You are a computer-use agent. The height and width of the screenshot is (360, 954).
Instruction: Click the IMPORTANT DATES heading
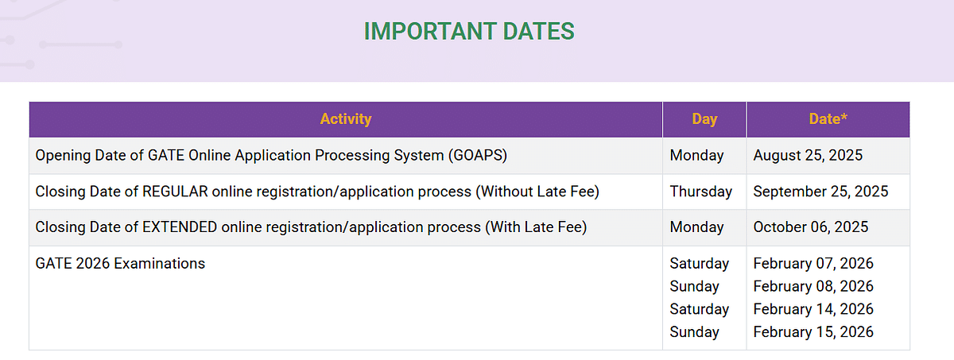tap(469, 31)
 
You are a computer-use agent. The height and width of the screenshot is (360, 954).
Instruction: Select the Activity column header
tap(345, 118)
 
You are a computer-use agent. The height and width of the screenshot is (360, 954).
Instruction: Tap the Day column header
tap(704, 118)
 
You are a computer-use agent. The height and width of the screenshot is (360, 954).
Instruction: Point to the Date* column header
tap(828, 118)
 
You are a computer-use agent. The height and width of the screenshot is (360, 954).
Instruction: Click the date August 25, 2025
tap(808, 155)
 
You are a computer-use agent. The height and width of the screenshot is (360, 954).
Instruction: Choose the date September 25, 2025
tap(820, 192)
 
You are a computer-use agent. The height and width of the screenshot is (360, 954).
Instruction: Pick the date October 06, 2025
tap(810, 226)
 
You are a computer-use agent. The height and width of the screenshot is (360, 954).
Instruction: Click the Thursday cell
tap(700, 192)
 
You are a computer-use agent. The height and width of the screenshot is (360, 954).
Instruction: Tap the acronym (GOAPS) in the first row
tap(478, 155)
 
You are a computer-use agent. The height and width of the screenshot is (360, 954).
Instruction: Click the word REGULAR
tap(175, 192)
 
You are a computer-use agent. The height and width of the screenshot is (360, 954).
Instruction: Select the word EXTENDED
tap(180, 226)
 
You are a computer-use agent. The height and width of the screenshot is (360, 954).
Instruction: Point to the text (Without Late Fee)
tap(537, 192)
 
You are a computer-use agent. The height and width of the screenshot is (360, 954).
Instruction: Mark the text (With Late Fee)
tap(536, 226)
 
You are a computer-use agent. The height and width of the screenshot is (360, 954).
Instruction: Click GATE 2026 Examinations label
tap(120, 263)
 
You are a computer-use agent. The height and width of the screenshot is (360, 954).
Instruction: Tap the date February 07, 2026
tap(813, 263)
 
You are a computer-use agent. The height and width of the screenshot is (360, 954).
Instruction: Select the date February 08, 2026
tap(813, 286)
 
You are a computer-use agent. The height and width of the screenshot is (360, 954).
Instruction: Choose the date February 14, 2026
tap(813, 309)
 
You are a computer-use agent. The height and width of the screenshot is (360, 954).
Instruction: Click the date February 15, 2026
tap(813, 332)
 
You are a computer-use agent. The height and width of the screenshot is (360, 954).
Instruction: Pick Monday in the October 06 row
tap(696, 226)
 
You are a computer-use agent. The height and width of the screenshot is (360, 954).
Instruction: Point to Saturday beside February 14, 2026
tap(699, 309)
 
